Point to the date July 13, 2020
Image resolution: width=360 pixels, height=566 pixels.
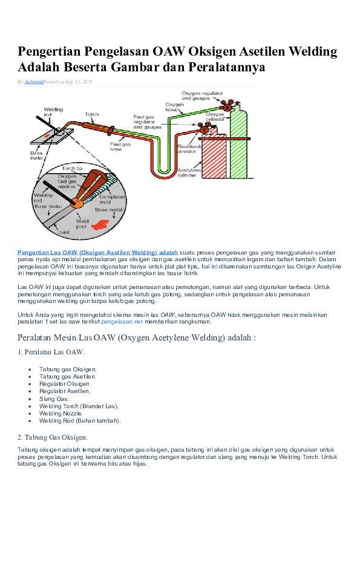coord(77,81)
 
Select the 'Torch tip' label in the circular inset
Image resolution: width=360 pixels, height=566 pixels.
coord(72,169)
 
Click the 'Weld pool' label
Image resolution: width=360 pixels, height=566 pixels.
coord(82,224)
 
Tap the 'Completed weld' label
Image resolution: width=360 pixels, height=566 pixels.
coord(112,199)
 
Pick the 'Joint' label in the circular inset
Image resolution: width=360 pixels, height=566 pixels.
coord(64,232)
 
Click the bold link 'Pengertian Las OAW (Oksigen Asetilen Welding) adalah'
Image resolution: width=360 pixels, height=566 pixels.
coord(97,251)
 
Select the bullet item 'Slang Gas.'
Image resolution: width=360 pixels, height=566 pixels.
coord(54,398)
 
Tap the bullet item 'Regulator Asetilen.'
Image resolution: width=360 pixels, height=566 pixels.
coord(65,391)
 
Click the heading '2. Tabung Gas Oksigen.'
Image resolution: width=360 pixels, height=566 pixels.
coord(53,437)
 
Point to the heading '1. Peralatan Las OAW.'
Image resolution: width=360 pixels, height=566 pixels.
coord(51,351)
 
